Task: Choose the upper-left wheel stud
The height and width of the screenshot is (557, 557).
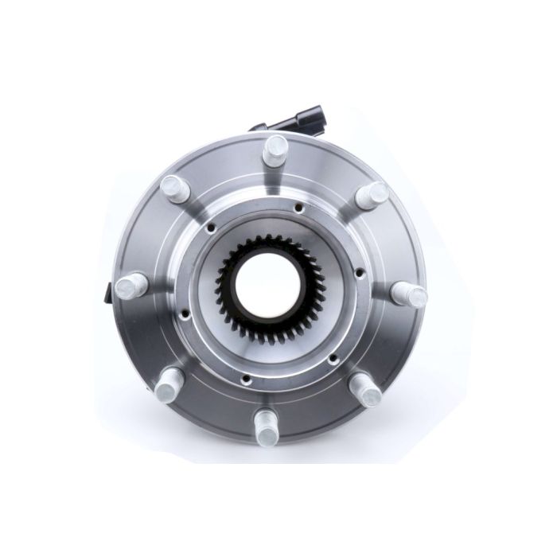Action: pos(172,187)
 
